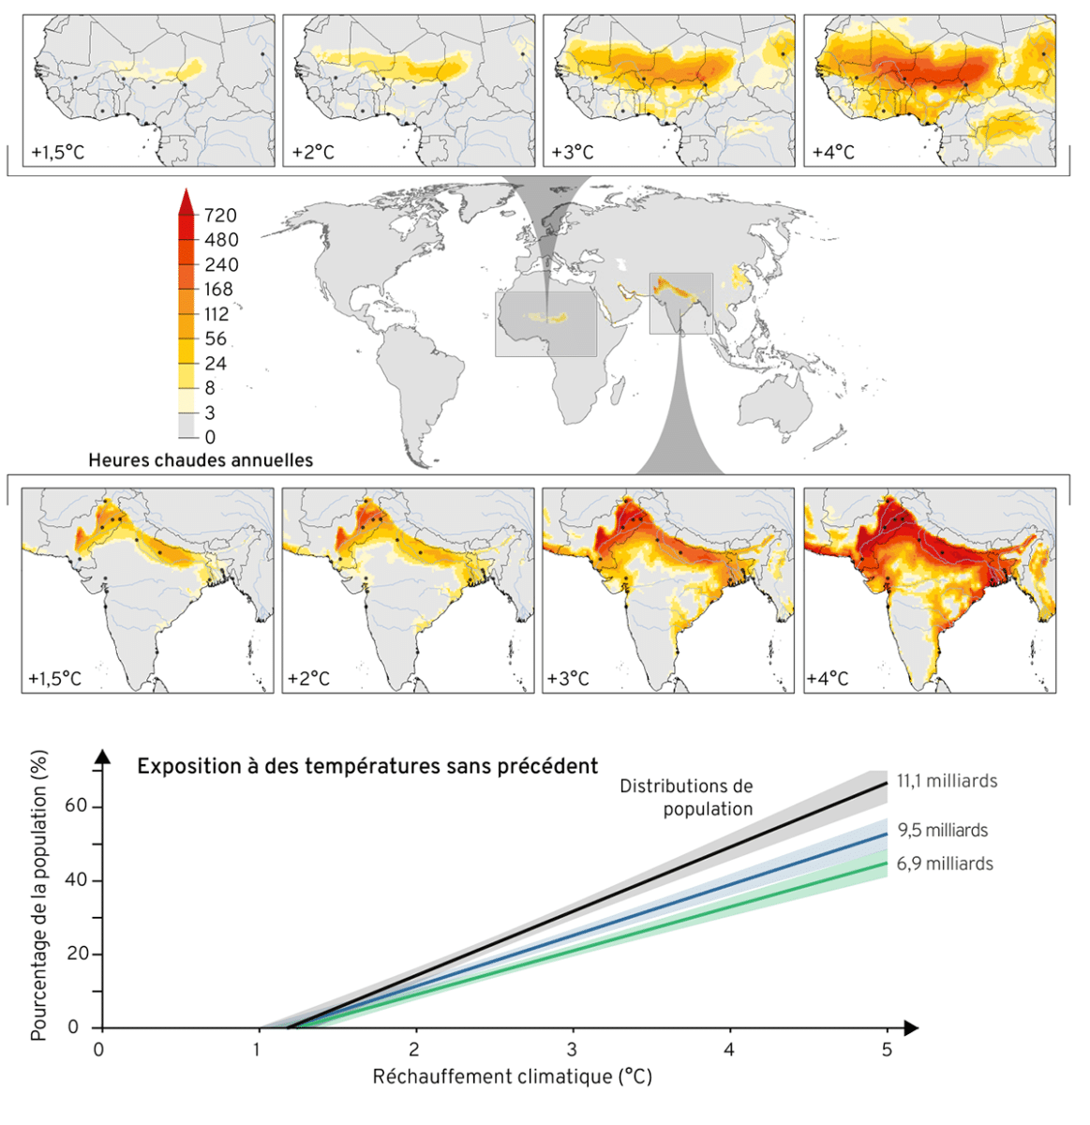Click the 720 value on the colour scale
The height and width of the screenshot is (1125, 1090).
tap(220, 216)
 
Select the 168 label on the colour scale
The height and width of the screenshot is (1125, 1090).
tap(218, 290)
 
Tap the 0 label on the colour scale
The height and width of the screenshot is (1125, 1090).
tap(210, 437)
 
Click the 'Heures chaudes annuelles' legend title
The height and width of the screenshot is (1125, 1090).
tap(201, 460)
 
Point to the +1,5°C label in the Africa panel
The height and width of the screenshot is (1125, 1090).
tap(58, 152)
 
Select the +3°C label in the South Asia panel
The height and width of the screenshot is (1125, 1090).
tap(569, 679)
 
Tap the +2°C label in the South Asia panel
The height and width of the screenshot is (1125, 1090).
tap(309, 679)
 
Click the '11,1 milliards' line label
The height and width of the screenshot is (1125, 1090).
tap(947, 781)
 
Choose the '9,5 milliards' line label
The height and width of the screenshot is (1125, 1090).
tap(942, 831)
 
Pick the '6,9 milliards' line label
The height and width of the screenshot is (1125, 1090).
tap(945, 863)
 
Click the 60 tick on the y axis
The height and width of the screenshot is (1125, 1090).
tap(77, 807)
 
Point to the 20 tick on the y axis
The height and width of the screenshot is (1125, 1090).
tap(77, 954)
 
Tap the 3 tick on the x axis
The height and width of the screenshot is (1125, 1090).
tap(572, 1049)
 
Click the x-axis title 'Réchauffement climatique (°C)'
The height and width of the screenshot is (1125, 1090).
tap(512, 1076)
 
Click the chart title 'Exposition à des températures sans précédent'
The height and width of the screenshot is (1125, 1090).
tap(367, 766)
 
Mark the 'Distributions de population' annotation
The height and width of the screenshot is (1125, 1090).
tap(686, 798)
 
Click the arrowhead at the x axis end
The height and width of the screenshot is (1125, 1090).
tap(910, 1028)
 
